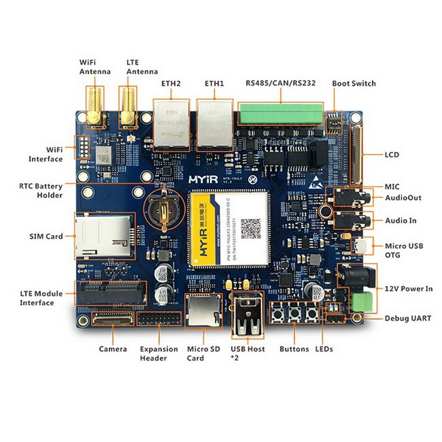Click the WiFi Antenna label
tap(95, 67)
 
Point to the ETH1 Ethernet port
tap(214, 124)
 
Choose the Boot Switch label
tap(354, 84)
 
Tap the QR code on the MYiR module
tap(251, 228)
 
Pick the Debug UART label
tap(408, 318)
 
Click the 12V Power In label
tap(408, 289)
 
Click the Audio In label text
tap(400, 221)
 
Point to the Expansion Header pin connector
tap(159, 318)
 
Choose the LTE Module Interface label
tap(41, 298)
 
